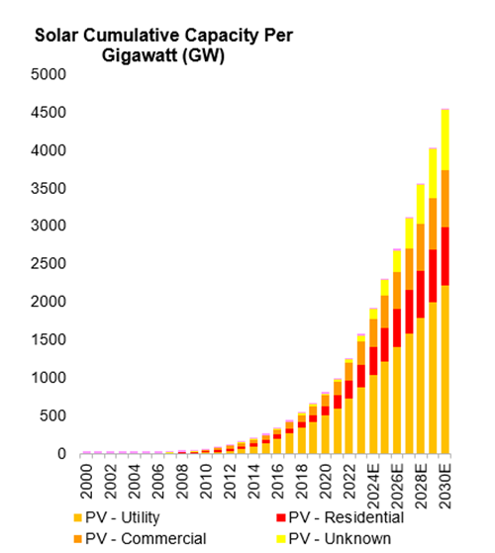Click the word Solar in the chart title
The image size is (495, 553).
coord(58,36)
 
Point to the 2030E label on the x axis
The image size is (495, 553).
coord(445,486)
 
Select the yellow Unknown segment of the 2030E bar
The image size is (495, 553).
coord(445,139)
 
